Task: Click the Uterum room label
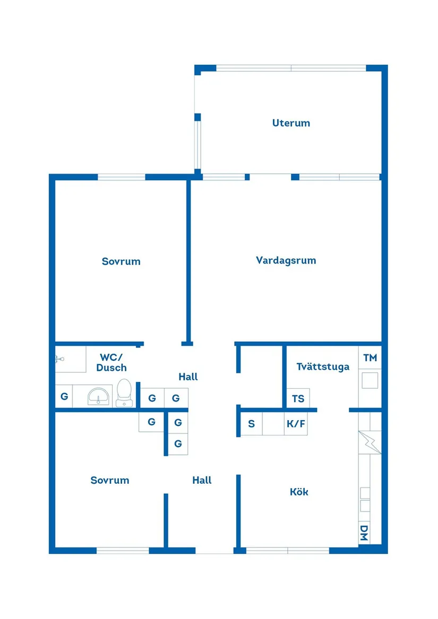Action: click(x=291, y=123)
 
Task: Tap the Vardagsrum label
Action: click(x=286, y=260)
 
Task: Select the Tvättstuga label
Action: click(x=323, y=367)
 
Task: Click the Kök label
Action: click(x=299, y=492)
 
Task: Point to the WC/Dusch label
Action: click(x=111, y=362)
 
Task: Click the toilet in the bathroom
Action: click(x=124, y=392)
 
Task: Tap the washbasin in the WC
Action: click(x=98, y=396)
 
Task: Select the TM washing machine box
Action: click(x=370, y=358)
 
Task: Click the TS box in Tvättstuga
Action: click(x=298, y=398)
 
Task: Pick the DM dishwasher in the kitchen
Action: click(x=364, y=533)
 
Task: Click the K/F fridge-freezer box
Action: click(x=296, y=424)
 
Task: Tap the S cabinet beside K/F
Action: click(x=251, y=424)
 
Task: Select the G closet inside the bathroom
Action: click(x=64, y=396)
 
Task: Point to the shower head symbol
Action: click(x=60, y=359)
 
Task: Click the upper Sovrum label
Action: click(x=121, y=261)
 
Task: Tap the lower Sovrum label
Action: click(x=110, y=481)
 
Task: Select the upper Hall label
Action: click(x=188, y=377)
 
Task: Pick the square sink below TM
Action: click(x=370, y=380)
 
